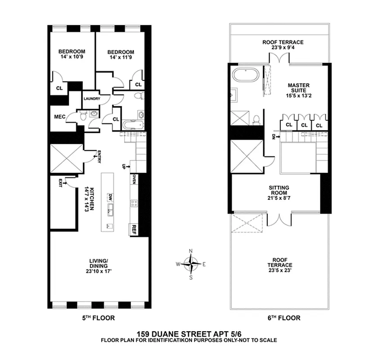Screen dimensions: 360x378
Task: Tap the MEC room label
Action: [x=60, y=117]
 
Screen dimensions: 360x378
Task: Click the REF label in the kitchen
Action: [x=134, y=229]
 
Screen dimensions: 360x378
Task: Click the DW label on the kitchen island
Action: [x=109, y=196]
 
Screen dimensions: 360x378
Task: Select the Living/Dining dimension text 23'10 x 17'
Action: [x=99, y=271]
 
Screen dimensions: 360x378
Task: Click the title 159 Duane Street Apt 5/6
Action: [x=189, y=333]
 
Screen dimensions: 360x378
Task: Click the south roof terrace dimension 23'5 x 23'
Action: [x=279, y=271]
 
